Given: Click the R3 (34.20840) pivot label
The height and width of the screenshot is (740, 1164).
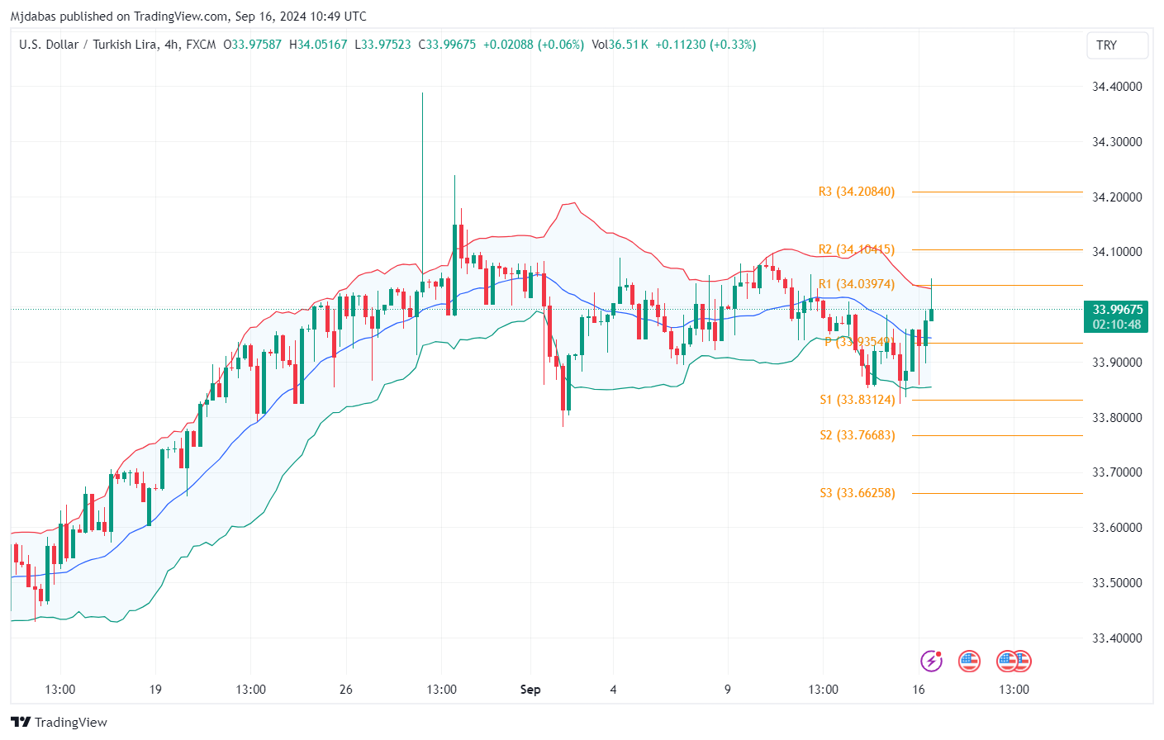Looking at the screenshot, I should (x=856, y=192).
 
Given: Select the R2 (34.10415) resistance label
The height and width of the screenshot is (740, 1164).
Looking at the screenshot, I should (x=856, y=249).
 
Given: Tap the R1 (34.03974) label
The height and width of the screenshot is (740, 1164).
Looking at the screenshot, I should (x=856, y=284).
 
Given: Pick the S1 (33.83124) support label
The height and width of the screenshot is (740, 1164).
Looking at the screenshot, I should (x=857, y=400).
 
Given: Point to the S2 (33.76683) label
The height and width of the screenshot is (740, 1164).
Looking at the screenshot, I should (x=857, y=435).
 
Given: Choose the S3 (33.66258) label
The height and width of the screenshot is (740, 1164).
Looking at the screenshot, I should (x=857, y=493).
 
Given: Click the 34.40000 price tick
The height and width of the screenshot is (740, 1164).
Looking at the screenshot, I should (x=1116, y=87).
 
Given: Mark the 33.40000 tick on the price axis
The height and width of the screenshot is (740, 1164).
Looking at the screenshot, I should (x=1116, y=638).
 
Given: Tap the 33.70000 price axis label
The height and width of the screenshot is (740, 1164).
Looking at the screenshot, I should (x=1116, y=472).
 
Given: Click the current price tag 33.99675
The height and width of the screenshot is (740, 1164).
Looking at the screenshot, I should (x=1117, y=310).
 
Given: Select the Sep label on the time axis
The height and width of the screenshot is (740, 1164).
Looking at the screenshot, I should (x=530, y=690).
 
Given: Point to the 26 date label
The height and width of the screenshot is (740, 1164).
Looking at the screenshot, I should (x=345, y=690).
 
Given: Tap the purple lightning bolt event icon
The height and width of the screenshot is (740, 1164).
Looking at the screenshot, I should (x=931, y=661).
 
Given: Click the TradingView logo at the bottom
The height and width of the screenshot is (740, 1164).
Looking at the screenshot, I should (x=59, y=723).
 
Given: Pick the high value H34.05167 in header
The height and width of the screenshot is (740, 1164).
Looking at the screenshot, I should (x=318, y=45).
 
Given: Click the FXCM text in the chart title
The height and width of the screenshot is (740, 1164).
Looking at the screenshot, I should (x=201, y=45).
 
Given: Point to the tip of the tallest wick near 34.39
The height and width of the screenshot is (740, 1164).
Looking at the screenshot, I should (x=422, y=93).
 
